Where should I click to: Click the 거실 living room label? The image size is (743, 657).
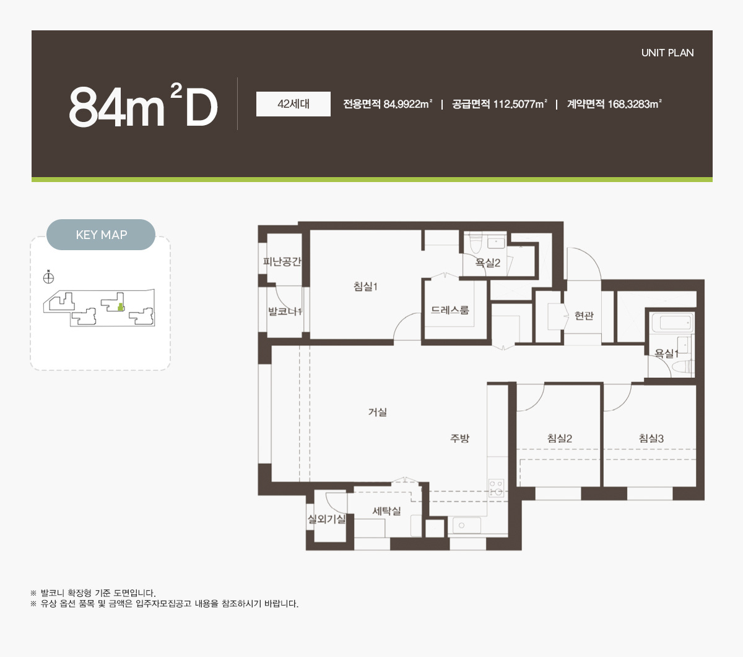click(x=378, y=412)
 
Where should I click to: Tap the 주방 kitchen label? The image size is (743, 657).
click(x=460, y=438)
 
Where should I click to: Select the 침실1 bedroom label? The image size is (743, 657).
click(x=365, y=286)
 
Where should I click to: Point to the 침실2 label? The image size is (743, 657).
click(x=560, y=438)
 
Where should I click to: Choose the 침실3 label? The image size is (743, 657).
click(x=651, y=438)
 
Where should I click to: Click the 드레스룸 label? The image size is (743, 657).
click(x=450, y=310)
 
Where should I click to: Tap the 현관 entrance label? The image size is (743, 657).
click(x=584, y=315)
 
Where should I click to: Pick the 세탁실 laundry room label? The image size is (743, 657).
click(x=386, y=511)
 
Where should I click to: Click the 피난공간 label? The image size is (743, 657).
click(x=282, y=261)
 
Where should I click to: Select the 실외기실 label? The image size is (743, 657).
click(x=327, y=519)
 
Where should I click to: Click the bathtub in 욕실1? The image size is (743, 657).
click(x=672, y=323)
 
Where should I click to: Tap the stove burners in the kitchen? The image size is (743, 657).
click(x=496, y=488)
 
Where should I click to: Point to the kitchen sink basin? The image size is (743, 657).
click(x=466, y=525)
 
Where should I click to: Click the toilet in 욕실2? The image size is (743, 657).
click(x=476, y=243)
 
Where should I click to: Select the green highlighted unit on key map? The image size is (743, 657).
click(x=120, y=307)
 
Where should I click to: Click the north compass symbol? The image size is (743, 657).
click(x=48, y=277)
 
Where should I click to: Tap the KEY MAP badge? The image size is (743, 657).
click(x=101, y=235)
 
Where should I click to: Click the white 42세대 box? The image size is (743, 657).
click(x=293, y=104)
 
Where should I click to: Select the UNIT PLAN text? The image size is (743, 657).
click(x=667, y=53)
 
